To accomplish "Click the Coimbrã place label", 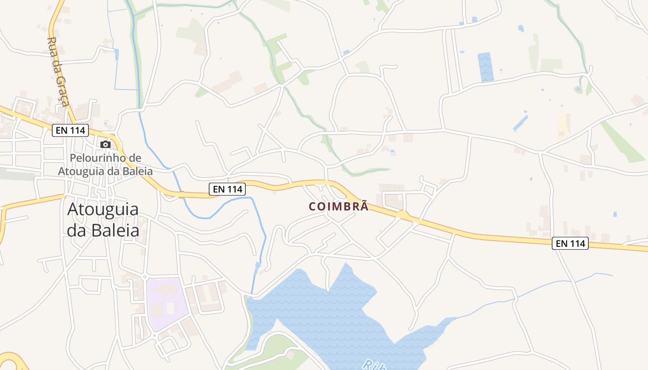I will (339, 206).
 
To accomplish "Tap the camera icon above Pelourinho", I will (106, 144).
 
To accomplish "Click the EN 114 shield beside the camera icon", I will (71, 130).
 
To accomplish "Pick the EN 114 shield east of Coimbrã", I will (570, 243).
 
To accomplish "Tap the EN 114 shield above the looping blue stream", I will (227, 189).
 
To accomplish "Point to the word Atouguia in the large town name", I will (103, 210).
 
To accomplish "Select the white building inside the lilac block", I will (170, 308).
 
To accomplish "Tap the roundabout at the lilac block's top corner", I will (145, 277).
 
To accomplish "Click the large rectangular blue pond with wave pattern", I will (486, 67).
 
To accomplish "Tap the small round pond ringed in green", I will (578, 89).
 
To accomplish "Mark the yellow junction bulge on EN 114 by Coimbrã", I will (403, 215).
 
